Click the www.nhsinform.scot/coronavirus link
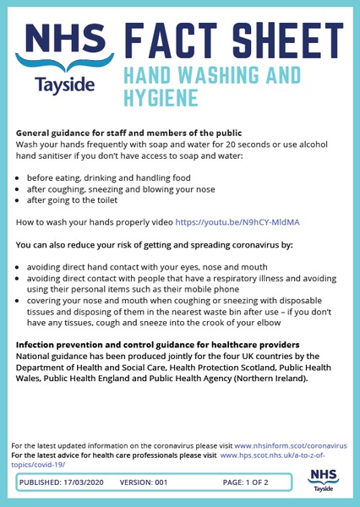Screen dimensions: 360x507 coord(290,444)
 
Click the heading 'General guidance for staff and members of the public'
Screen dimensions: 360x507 coord(129,134)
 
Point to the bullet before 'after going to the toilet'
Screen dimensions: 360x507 coord(19,202)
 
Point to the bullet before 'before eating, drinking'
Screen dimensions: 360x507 coord(19,178)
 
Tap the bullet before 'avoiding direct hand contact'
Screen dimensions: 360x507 coord(19,266)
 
